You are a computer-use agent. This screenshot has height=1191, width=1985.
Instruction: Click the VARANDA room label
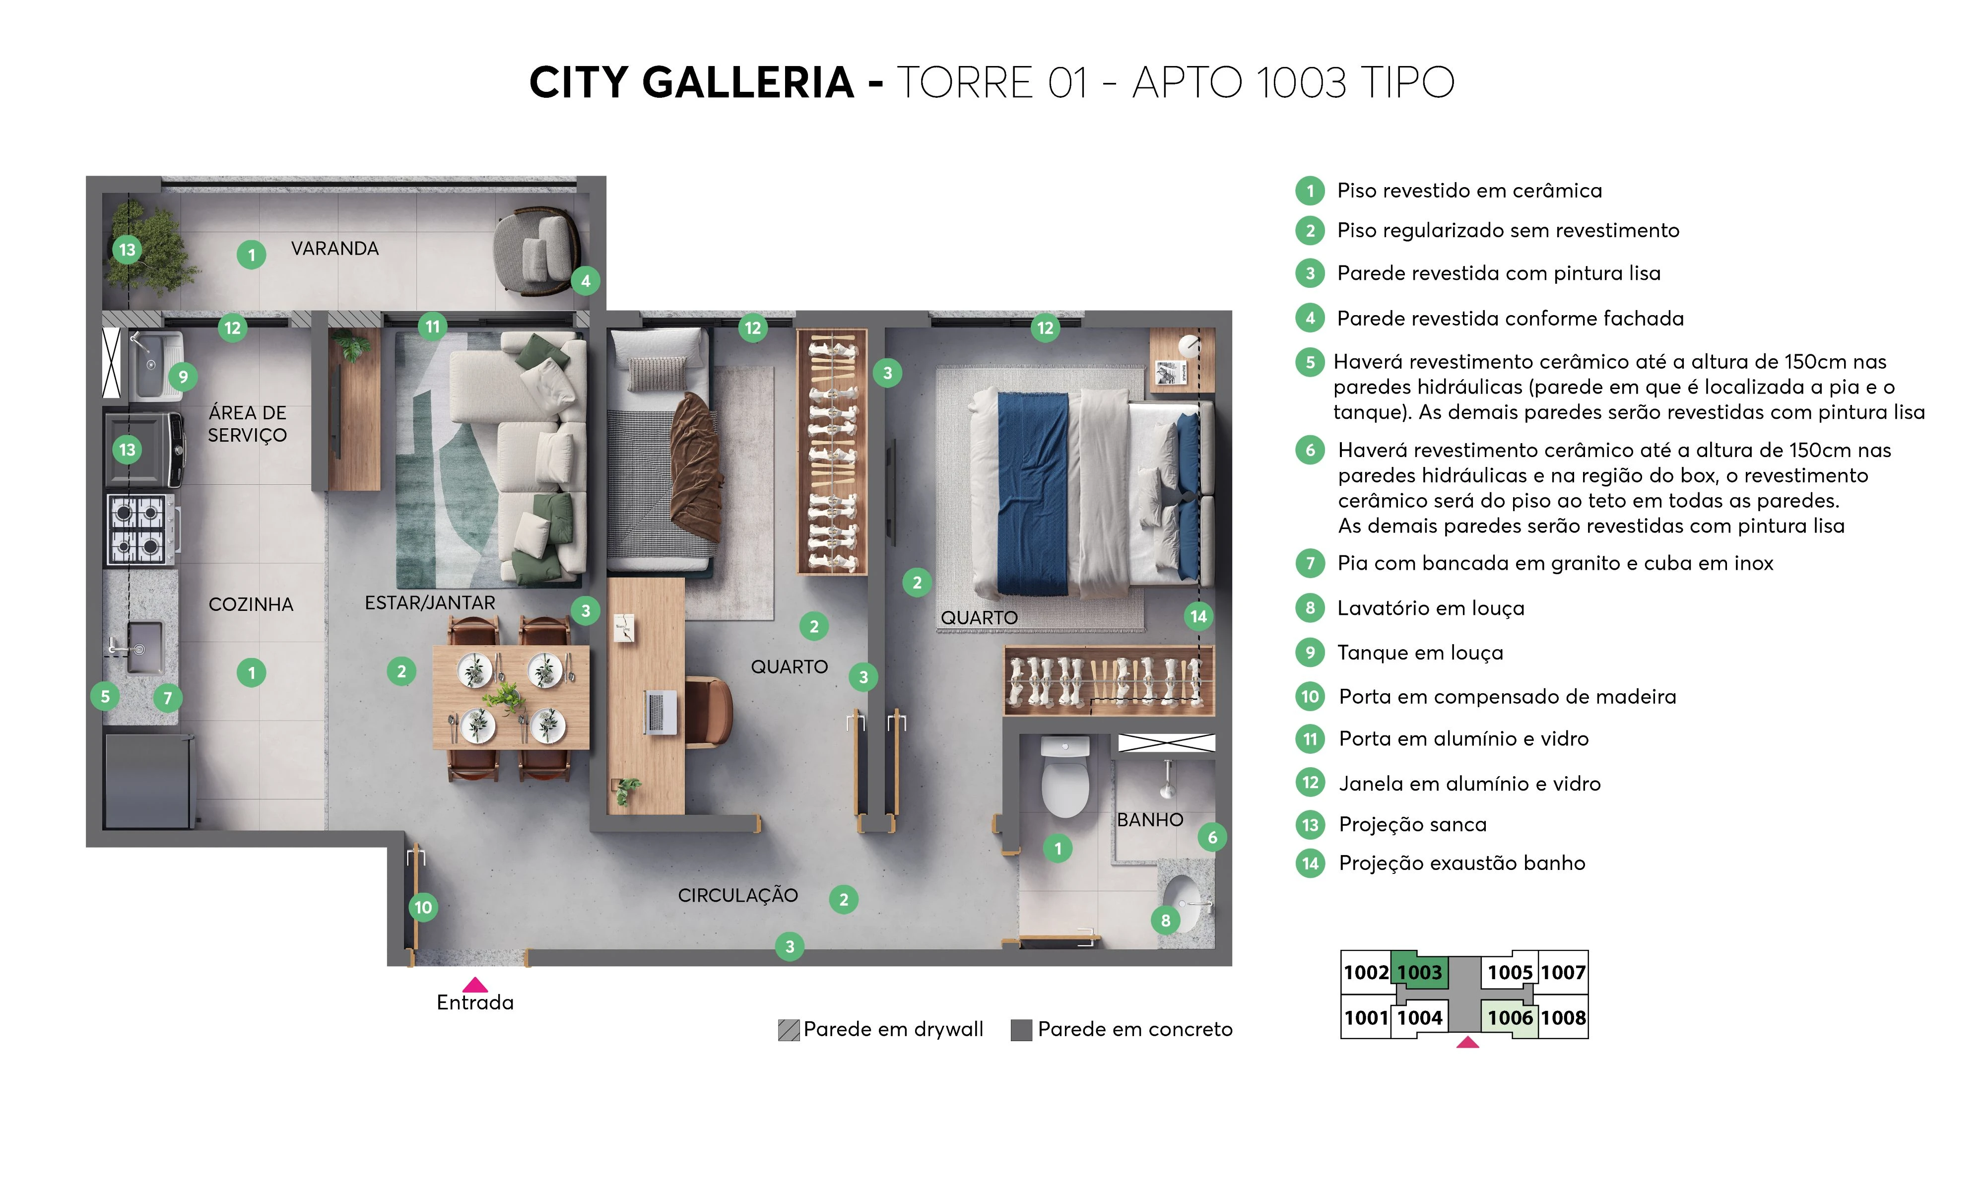point(334,249)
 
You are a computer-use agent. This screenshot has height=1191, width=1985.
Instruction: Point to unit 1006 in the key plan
point(1509,1018)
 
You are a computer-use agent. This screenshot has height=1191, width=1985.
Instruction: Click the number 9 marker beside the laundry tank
point(183,376)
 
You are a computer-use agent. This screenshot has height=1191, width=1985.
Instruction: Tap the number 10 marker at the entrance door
point(423,908)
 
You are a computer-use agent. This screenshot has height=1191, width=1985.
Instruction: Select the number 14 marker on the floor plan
point(1198,616)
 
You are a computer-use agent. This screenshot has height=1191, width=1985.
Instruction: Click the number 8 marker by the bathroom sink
point(1165,921)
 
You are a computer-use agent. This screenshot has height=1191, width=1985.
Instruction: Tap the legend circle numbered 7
point(1310,563)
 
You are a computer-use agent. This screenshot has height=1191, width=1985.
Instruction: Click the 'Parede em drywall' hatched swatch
point(789,1030)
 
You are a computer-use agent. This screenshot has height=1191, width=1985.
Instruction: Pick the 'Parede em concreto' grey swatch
point(1021,1030)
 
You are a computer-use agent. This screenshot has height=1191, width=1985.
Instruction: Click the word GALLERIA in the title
point(748,83)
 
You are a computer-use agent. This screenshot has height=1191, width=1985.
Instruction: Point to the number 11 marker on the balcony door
point(432,327)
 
